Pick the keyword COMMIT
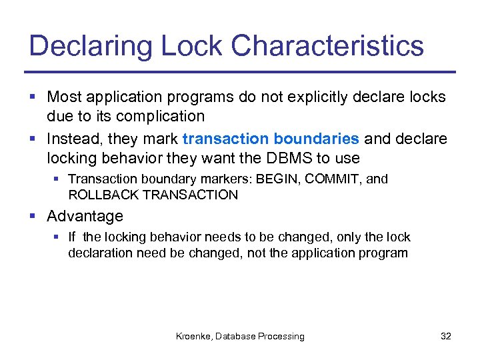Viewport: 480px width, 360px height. pos(339,179)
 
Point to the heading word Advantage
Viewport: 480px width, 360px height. pos(85,216)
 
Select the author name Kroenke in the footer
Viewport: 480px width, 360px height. pos(194,337)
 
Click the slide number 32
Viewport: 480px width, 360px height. pos(446,337)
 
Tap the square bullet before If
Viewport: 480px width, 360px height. pos(59,237)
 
